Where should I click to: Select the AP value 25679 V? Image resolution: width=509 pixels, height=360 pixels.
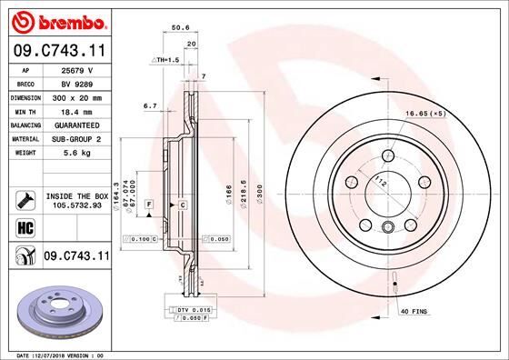(x=76, y=69)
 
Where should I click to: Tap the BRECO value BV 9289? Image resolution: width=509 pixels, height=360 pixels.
(x=76, y=83)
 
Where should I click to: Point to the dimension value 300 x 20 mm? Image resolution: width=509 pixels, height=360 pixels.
(x=76, y=96)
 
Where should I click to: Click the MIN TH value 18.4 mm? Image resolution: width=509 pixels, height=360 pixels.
(x=76, y=110)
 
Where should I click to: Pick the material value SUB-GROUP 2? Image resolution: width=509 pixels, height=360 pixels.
(x=76, y=138)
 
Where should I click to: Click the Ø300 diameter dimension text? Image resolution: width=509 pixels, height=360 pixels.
(x=258, y=195)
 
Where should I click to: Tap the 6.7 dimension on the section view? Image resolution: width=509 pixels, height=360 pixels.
(x=151, y=105)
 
